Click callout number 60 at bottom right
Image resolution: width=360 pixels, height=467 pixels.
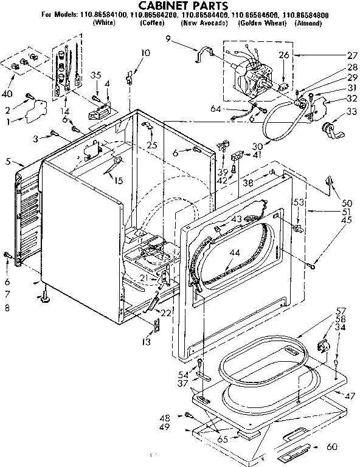coord(348,447)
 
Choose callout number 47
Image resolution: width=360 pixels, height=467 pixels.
coord(350,396)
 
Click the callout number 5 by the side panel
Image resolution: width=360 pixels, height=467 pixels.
coord(8,162)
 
